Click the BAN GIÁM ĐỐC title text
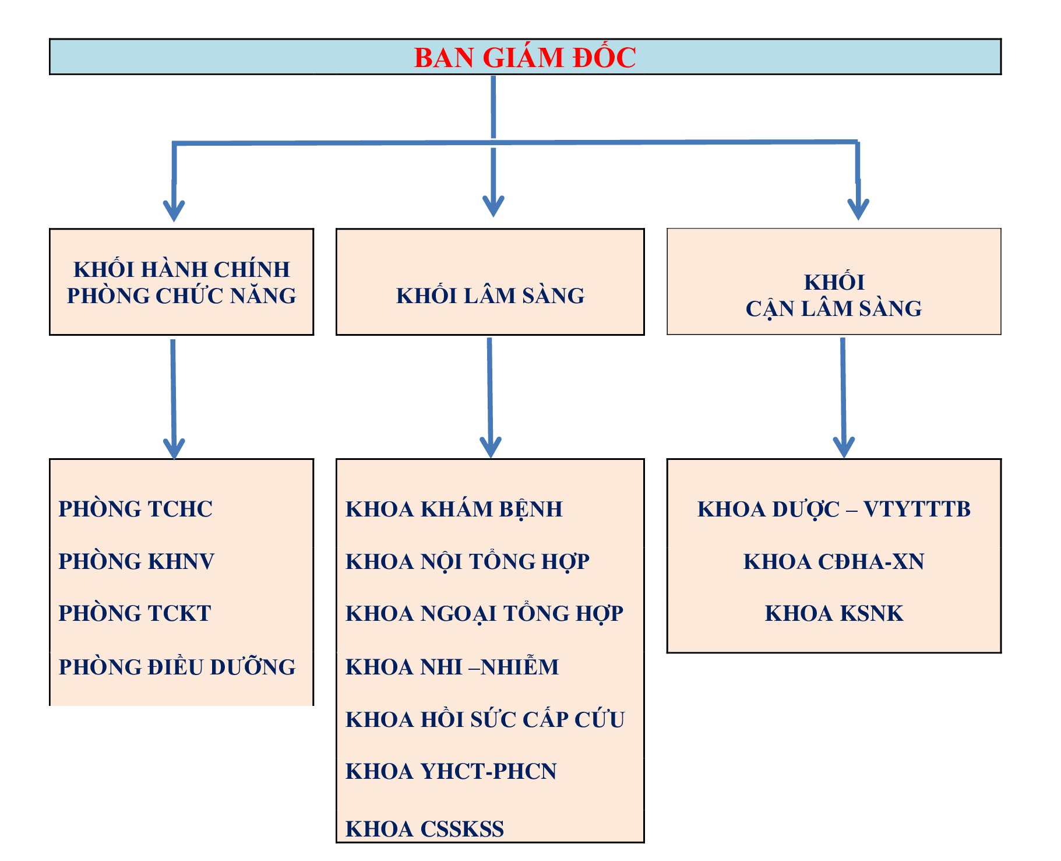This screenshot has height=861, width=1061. pyautogui.click(x=524, y=58)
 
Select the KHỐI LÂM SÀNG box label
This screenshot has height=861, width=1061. pyautogui.click(x=490, y=296)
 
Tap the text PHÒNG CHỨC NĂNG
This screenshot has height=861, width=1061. pyautogui.click(x=181, y=296)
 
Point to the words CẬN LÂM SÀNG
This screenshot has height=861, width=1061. pyautogui.click(x=833, y=308)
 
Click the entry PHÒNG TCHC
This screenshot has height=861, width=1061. pyautogui.click(x=135, y=509)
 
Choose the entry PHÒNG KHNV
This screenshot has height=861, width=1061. pyautogui.click(x=136, y=561)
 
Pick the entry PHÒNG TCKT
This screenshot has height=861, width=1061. pyautogui.click(x=135, y=613)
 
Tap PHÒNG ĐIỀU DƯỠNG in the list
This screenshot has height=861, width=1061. pyautogui.click(x=177, y=667)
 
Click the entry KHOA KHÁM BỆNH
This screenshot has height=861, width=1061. pyautogui.click(x=454, y=509)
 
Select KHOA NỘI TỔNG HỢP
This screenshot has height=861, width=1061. pyautogui.click(x=467, y=561)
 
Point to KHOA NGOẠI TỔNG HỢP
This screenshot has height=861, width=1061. pyautogui.click(x=484, y=613)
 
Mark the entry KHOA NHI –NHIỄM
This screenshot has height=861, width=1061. pyautogui.click(x=452, y=667)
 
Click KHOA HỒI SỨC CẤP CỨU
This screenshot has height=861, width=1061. pyautogui.click(x=485, y=719)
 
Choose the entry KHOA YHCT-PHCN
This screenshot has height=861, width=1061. pyautogui.click(x=451, y=771)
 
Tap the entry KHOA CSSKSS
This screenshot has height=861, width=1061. pyautogui.click(x=425, y=828)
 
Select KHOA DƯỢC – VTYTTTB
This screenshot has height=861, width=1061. pyautogui.click(x=834, y=509)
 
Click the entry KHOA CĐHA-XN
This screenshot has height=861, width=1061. pyautogui.click(x=834, y=561)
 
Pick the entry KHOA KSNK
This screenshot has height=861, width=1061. pyautogui.click(x=834, y=613)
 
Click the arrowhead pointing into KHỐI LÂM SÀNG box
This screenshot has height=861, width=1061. pyautogui.click(x=494, y=207)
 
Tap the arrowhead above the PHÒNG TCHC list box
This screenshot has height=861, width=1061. pyautogui.click(x=174, y=449)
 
